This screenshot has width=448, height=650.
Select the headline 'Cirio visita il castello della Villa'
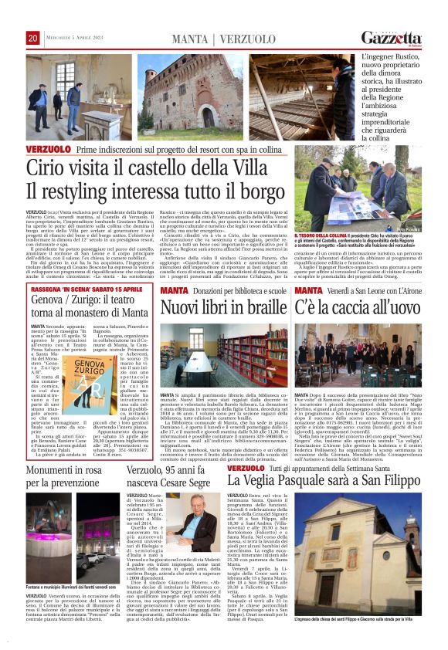tap(155, 168)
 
